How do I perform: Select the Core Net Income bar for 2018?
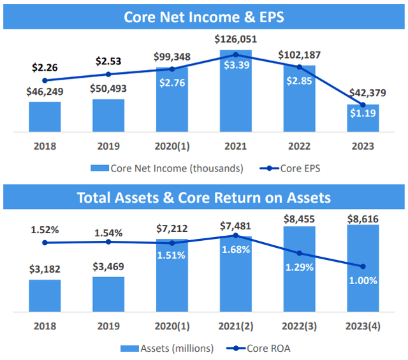[45, 117]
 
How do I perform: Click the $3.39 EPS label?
[235, 66]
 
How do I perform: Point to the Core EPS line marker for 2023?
[363, 104]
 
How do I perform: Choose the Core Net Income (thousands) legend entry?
[167, 169]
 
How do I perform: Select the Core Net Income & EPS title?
[204, 15]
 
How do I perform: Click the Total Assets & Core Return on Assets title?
[204, 197]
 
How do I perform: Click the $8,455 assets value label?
[299, 219]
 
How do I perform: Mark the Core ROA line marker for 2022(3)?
[300, 253]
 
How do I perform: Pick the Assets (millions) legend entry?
[167, 349]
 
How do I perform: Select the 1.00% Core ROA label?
[363, 280]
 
